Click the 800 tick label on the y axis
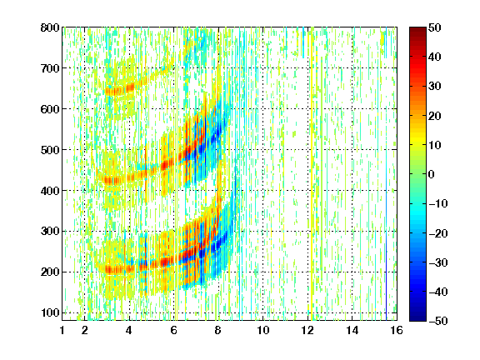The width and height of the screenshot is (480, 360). tap(50, 27)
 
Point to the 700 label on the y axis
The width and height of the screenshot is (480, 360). tap(50, 68)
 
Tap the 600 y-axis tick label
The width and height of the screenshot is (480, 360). tap(50, 109)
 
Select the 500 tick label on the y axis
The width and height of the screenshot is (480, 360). tap(50, 150)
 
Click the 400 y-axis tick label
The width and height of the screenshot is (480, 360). tap(50, 191)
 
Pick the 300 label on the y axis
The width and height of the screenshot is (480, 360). tap(50, 232)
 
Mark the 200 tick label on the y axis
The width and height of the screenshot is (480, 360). tap(50, 272)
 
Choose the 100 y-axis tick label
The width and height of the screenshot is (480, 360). tap(50, 312)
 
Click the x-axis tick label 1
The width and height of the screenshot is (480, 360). tap(62, 330)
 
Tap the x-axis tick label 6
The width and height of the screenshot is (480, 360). tap(174, 330)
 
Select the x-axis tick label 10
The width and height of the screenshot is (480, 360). tap(263, 330)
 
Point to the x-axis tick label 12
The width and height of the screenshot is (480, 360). tap(307, 330)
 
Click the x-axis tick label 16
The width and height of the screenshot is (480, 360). tap(397, 330)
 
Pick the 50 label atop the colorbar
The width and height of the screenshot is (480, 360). tap(435, 27)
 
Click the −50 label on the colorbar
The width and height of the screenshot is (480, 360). tap(438, 321)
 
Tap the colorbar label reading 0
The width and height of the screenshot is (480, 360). tap(432, 174)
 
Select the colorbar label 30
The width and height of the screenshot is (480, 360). tap(435, 87)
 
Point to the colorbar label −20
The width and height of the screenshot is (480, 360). tap(438, 233)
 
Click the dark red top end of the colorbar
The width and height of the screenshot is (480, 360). tap(417, 28)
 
